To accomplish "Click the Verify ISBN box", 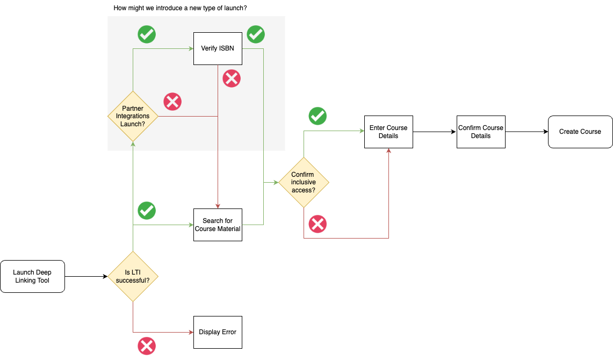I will pyautogui.click(x=218, y=48).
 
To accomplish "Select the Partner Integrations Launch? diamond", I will pyautogui.click(x=133, y=116).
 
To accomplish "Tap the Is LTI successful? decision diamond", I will pyautogui.click(x=133, y=276).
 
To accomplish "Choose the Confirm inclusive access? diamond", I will pyautogui.click(x=304, y=182).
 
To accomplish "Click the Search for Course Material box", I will pyautogui.click(x=218, y=225).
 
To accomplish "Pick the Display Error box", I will pyautogui.click(x=218, y=332).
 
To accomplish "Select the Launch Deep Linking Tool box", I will pyautogui.click(x=32, y=276).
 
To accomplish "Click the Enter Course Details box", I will pyautogui.click(x=388, y=132).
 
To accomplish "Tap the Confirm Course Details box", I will pyautogui.click(x=481, y=132).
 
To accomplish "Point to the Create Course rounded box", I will pyautogui.click(x=580, y=132).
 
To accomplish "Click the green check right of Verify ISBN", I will pyautogui.click(x=256, y=34).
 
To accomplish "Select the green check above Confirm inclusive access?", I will pyautogui.click(x=318, y=116).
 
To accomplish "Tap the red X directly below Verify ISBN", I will pyautogui.click(x=232, y=79).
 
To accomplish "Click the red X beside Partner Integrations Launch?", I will pyautogui.click(x=172, y=102).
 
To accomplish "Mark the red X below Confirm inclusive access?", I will pyautogui.click(x=318, y=224).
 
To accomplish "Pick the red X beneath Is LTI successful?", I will pyautogui.click(x=147, y=345).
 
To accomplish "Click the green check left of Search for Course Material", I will pyautogui.click(x=147, y=211).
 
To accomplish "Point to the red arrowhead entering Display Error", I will pyautogui.click(x=191, y=332).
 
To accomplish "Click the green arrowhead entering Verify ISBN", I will pyautogui.click(x=191, y=48).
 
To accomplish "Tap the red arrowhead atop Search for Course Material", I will pyautogui.click(x=218, y=206).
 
